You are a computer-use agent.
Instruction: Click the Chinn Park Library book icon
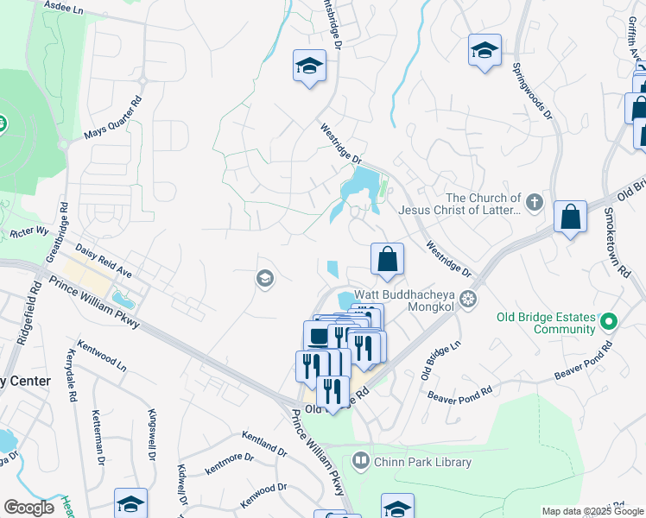pyautogui.click(x=361, y=462)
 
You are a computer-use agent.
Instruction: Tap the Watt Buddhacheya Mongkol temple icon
pyautogui.click(x=468, y=300)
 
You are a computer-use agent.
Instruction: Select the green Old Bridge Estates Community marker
pyautogui.click(x=609, y=322)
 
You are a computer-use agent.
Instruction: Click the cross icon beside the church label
pyautogui.click(x=535, y=203)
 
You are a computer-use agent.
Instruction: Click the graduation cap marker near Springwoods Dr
pyautogui.click(x=484, y=50)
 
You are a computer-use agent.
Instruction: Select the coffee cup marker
pyautogui.click(x=318, y=336)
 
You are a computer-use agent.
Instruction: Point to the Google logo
pyautogui.click(x=28, y=508)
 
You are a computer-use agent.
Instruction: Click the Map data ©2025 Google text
pyautogui.click(x=592, y=511)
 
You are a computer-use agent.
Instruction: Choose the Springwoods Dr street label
pyautogui.click(x=530, y=91)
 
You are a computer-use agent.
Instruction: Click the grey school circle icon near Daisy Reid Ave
pyautogui.click(x=264, y=278)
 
